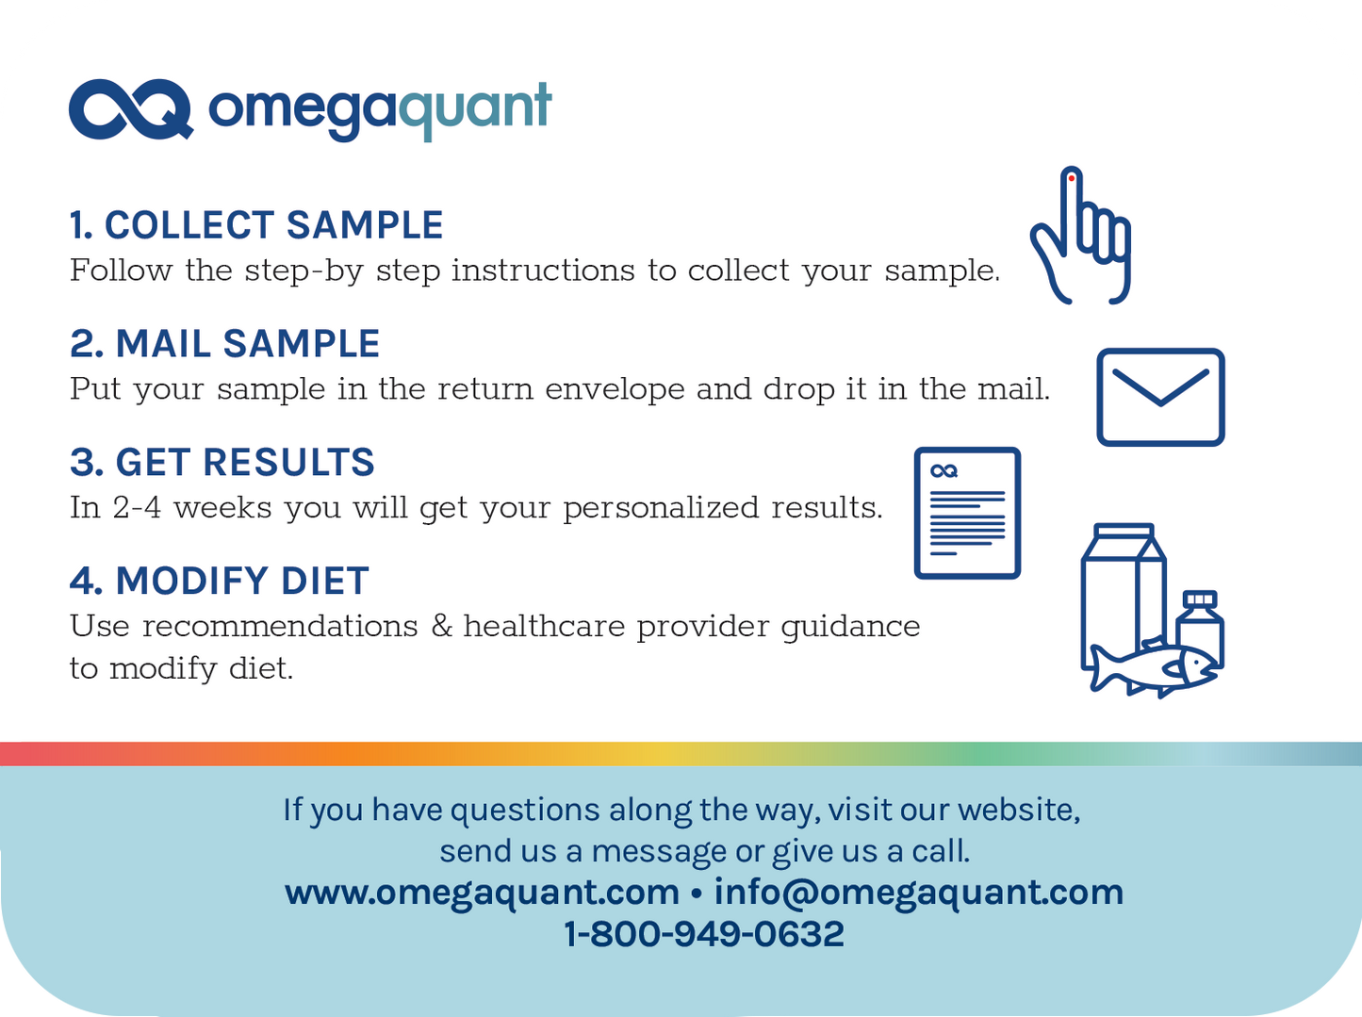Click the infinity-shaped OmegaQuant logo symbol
coord(130,109)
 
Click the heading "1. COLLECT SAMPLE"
coord(255,225)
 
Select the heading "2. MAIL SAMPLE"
coord(224,344)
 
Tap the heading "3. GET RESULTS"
coord(222,463)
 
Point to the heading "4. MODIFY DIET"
coord(219,582)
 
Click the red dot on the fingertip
coord(1072,177)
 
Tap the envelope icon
coord(1160,397)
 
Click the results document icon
coord(967,513)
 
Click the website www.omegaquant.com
coord(482,892)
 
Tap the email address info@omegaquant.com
coord(918,892)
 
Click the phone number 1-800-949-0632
coord(704,934)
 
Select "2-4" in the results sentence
coord(137,508)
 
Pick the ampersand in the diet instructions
coord(441,627)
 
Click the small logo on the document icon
coord(944,470)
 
